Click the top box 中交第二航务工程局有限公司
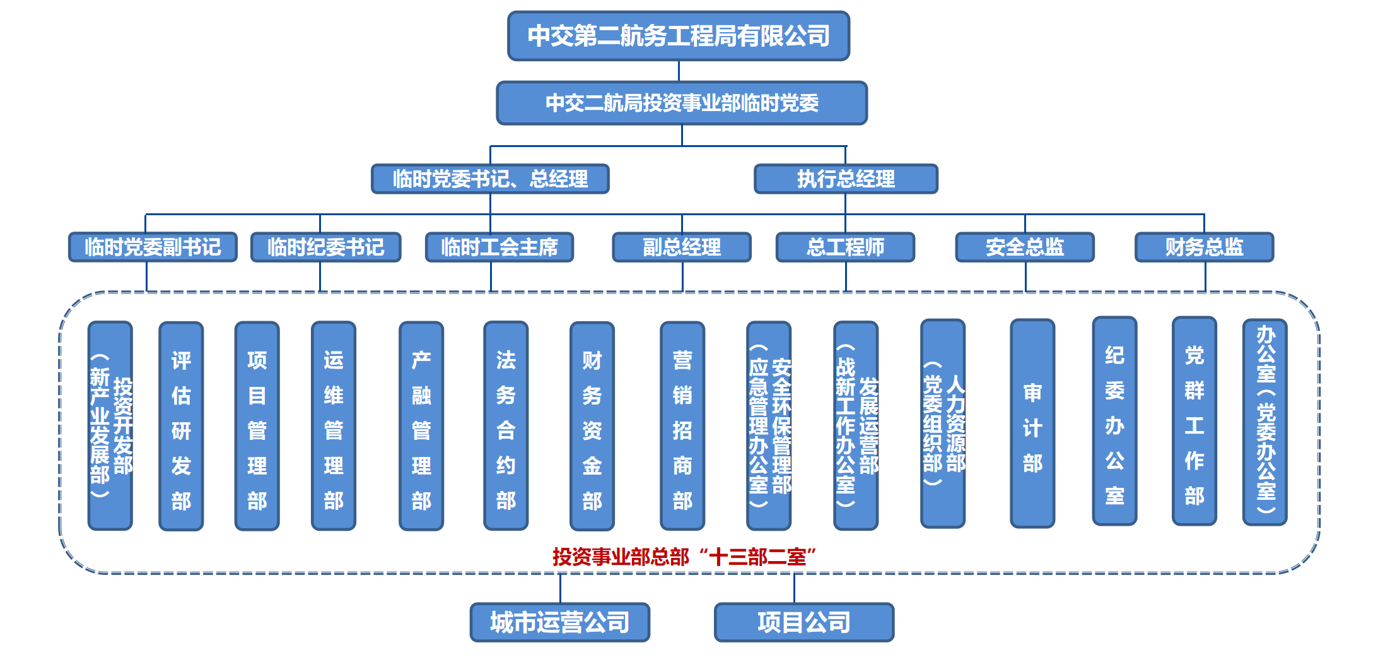[x=679, y=36]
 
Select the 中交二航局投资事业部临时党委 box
[x=682, y=103]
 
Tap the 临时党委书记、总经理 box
[x=490, y=179]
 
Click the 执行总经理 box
[x=846, y=179]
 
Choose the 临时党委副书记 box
[x=153, y=247]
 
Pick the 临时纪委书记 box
[x=325, y=247]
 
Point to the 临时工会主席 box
[x=499, y=247]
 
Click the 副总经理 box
[x=682, y=247]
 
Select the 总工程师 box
[x=845, y=247]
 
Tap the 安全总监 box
[x=1025, y=247]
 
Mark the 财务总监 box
[x=1204, y=247]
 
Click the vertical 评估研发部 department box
[x=181, y=426]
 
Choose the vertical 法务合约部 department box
[x=506, y=426]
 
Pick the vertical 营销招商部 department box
[x=682, y=426]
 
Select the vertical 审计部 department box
[x=1032, y=423]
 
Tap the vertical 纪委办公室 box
[x=1114, y=421]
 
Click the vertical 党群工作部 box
[x=1194, y=421]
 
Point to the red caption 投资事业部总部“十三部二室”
[x=684, y=557]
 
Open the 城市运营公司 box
[x=560, y=622]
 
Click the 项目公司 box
[x=804, y=622]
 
